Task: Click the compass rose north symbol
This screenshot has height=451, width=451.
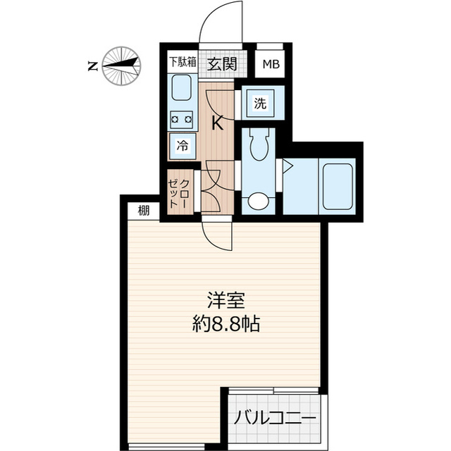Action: click(121, 66)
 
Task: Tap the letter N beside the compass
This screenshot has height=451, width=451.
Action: click(92, 66)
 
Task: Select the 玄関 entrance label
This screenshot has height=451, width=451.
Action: click(221, 64)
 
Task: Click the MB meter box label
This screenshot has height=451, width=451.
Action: click(271, 65)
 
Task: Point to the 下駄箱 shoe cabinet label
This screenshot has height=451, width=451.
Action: click(182, 62)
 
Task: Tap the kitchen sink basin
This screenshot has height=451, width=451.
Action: click(182, 91)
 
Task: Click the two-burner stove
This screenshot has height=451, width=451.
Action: click(181, 119)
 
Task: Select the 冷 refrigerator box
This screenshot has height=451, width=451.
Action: click(182, 147)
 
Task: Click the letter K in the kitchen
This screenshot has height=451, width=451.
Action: click(218, 124)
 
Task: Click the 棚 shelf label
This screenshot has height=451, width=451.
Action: click(144, 209)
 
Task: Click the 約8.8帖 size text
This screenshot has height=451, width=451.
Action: click(225, 324)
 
